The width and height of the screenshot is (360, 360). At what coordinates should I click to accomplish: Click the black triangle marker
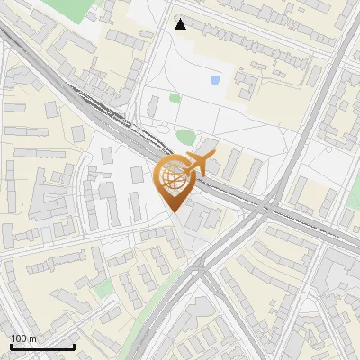tap(181, 24)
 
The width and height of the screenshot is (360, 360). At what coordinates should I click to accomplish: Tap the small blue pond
tap(215, 80)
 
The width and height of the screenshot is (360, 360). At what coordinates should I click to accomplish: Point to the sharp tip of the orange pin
tap(172, 212)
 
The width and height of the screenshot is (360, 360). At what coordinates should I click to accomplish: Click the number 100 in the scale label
tap(19, 338)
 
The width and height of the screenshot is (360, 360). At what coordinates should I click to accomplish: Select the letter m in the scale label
tap(32, 338)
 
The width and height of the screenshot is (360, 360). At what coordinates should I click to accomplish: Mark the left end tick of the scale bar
tap(11, 346)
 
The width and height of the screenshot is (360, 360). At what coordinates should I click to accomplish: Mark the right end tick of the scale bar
tap(74, 346)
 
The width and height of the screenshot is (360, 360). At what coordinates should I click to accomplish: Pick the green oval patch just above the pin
tap(185, 137)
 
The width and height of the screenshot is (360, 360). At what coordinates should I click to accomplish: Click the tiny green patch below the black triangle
tap(175, 98)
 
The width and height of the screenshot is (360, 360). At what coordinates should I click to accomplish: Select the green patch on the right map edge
tap(351, 219)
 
